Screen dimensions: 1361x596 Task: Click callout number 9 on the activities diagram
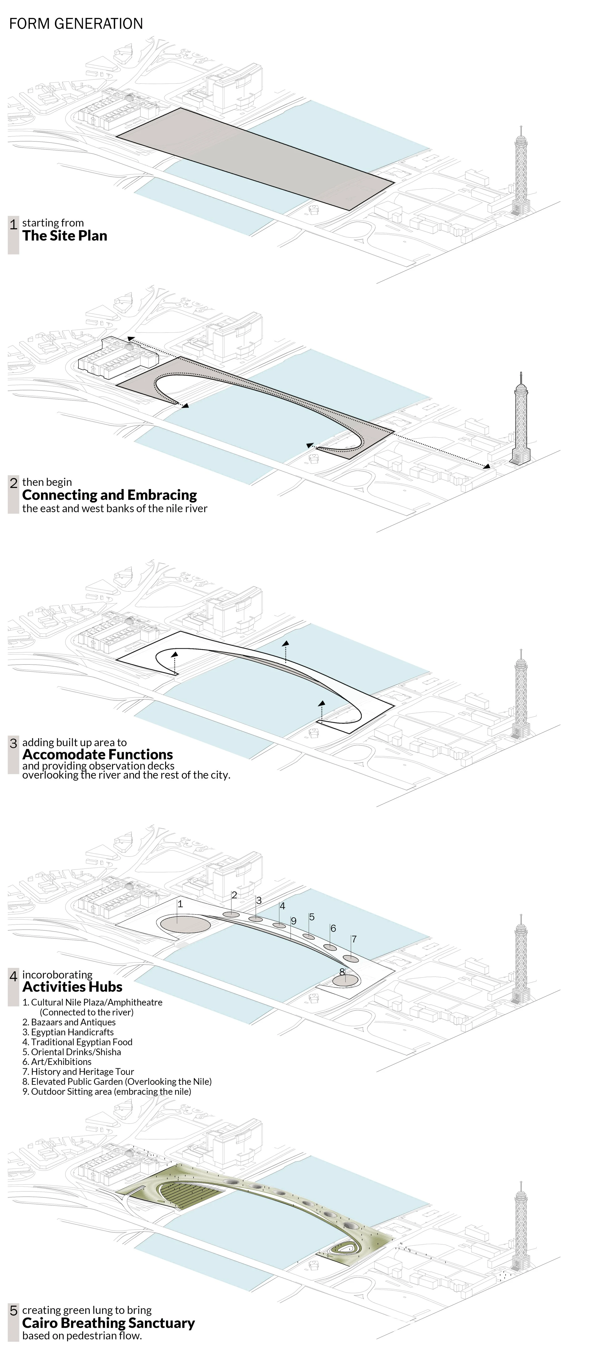(x=293, y=921)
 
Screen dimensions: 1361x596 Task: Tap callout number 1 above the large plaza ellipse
(x=180, y=904)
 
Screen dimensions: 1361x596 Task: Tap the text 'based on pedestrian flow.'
(x=82, y=1336)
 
